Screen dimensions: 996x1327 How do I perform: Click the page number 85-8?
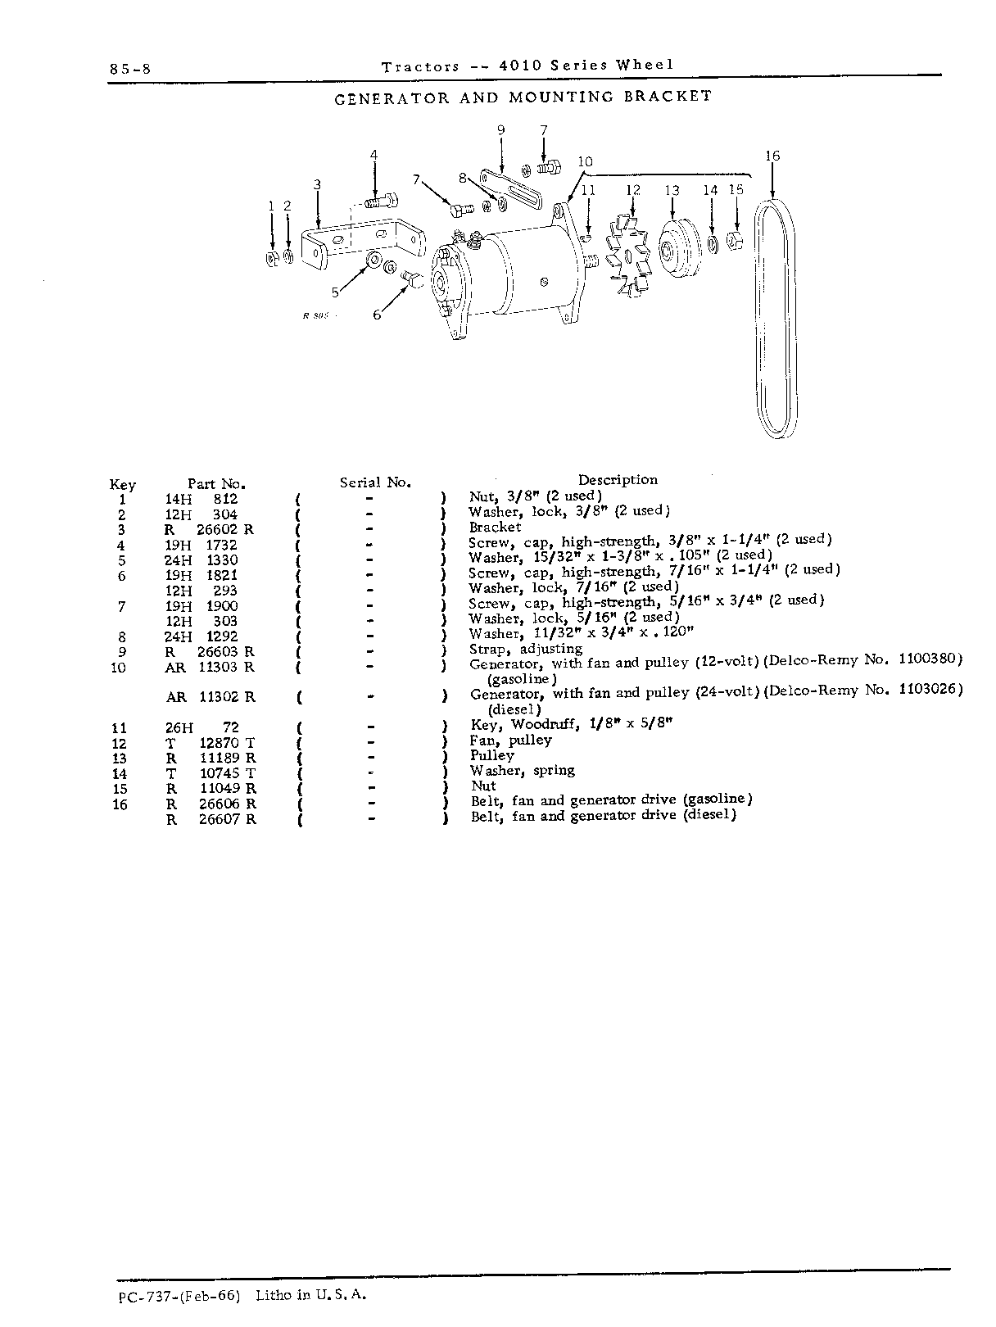point(130,69)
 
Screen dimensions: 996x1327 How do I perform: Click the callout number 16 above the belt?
point(772,156)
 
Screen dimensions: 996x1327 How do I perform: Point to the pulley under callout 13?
point(680,248)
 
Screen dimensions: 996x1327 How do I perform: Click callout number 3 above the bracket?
point(317,183)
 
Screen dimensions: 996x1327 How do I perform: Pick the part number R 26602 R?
point(210,530)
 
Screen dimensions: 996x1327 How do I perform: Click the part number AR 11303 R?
point(210,668)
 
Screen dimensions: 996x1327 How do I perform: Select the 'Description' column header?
point(618,480)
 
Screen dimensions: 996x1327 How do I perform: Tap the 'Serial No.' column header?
point(375,482)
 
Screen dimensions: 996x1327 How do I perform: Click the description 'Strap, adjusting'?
point(526,649)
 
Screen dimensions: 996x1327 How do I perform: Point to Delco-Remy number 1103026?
point(930,689)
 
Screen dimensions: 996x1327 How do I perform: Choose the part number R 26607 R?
point(211,820)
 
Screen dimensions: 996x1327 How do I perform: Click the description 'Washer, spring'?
point(523,771)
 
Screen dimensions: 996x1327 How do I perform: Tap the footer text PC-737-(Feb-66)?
point(180,1295)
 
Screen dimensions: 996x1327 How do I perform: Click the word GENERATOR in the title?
point(392,98)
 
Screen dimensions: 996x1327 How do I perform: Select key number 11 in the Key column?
point(120,728)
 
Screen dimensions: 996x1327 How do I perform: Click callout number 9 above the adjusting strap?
point(501,130)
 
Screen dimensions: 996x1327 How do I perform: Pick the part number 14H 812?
point(201,500)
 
